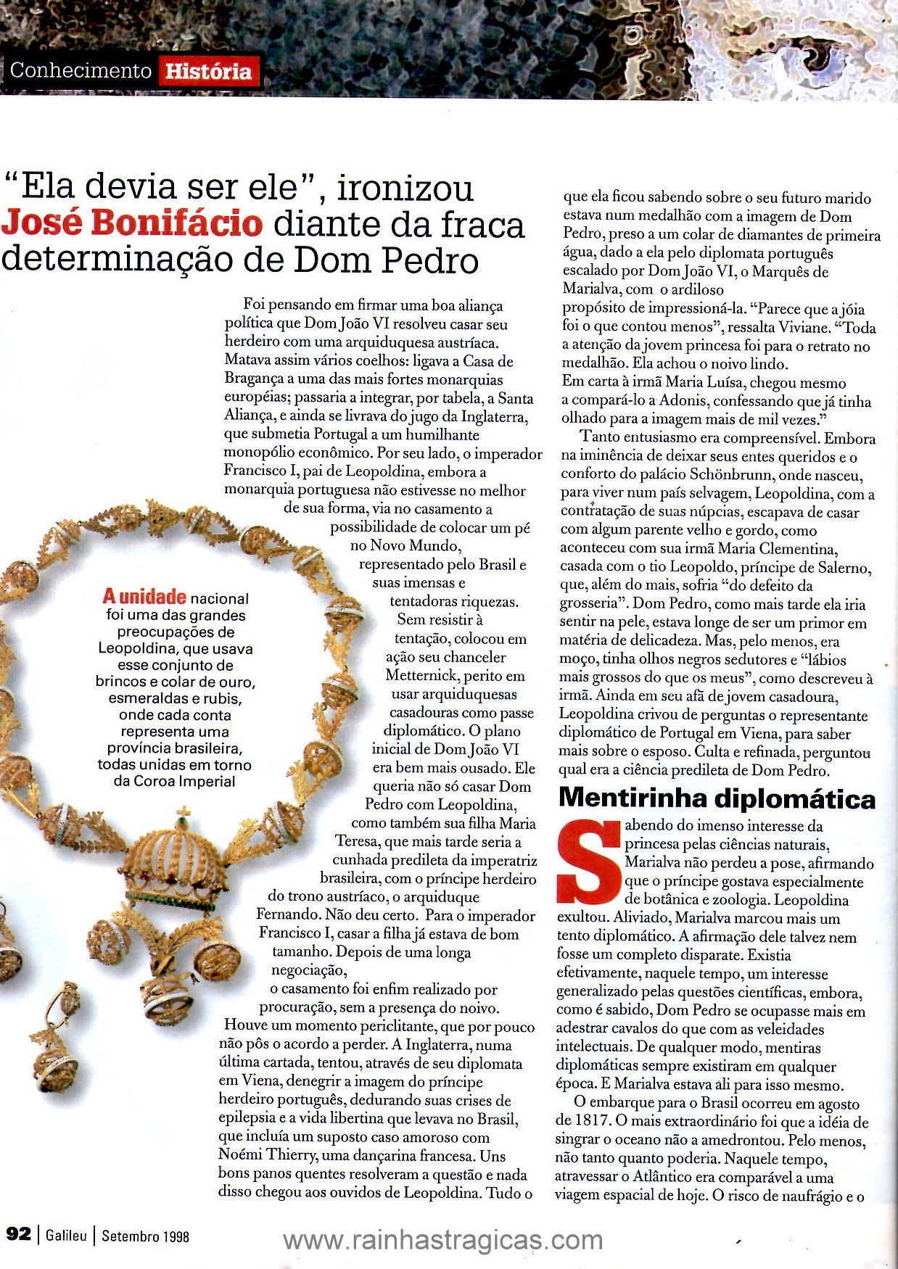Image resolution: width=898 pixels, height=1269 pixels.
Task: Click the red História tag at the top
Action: coord(208,71)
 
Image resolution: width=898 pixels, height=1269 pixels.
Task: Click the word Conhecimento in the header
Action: coord(81,70)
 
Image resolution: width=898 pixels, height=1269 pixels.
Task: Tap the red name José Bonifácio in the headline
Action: coord(131,223)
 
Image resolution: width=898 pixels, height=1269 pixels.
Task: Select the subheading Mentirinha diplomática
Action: coord(717,798)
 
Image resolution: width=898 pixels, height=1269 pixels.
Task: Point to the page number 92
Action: coord(19,1233)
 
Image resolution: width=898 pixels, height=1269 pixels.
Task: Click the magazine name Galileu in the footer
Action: coord(66,1234)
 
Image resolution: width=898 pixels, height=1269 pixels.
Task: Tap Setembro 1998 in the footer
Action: coord(145,1234)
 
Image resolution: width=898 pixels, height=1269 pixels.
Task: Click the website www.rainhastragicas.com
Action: coord(442,1240)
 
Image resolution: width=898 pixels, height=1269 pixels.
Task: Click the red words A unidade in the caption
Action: coord(144,597)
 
